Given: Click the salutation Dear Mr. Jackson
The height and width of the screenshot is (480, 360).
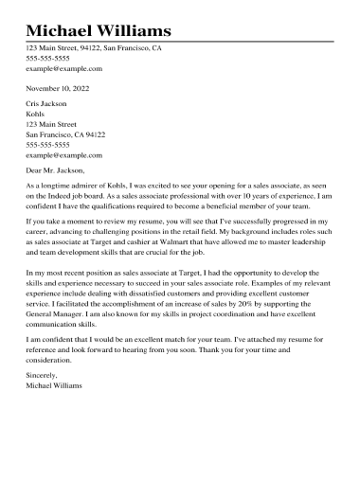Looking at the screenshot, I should click(x=56, y=170).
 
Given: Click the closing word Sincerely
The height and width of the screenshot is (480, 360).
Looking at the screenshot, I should click(x=42, y=376).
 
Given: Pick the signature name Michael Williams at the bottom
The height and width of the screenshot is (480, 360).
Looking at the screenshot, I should click(x=54, y=386).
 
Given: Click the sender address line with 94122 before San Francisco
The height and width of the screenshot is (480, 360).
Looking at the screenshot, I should click(x=93, y=47).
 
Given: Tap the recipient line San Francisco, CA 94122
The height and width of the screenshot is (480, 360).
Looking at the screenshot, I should click(x=65, y=133).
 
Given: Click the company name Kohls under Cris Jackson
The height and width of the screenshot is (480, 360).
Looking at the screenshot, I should click(x=36, y=113).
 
